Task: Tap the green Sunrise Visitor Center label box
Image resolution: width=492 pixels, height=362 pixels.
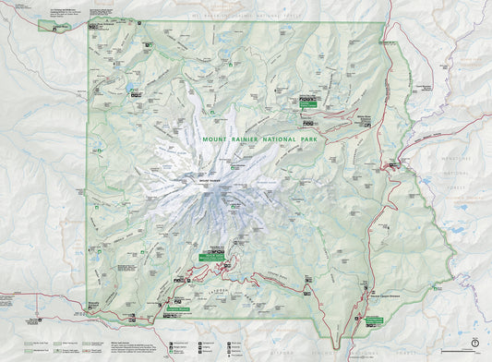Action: [x=306, y=105]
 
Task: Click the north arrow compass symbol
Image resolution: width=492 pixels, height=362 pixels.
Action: [x=474, y=343]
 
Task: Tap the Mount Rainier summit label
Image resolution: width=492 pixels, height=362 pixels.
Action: [x=207, y=177]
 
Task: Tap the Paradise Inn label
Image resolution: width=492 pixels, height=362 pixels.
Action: [x=220, y=247]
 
